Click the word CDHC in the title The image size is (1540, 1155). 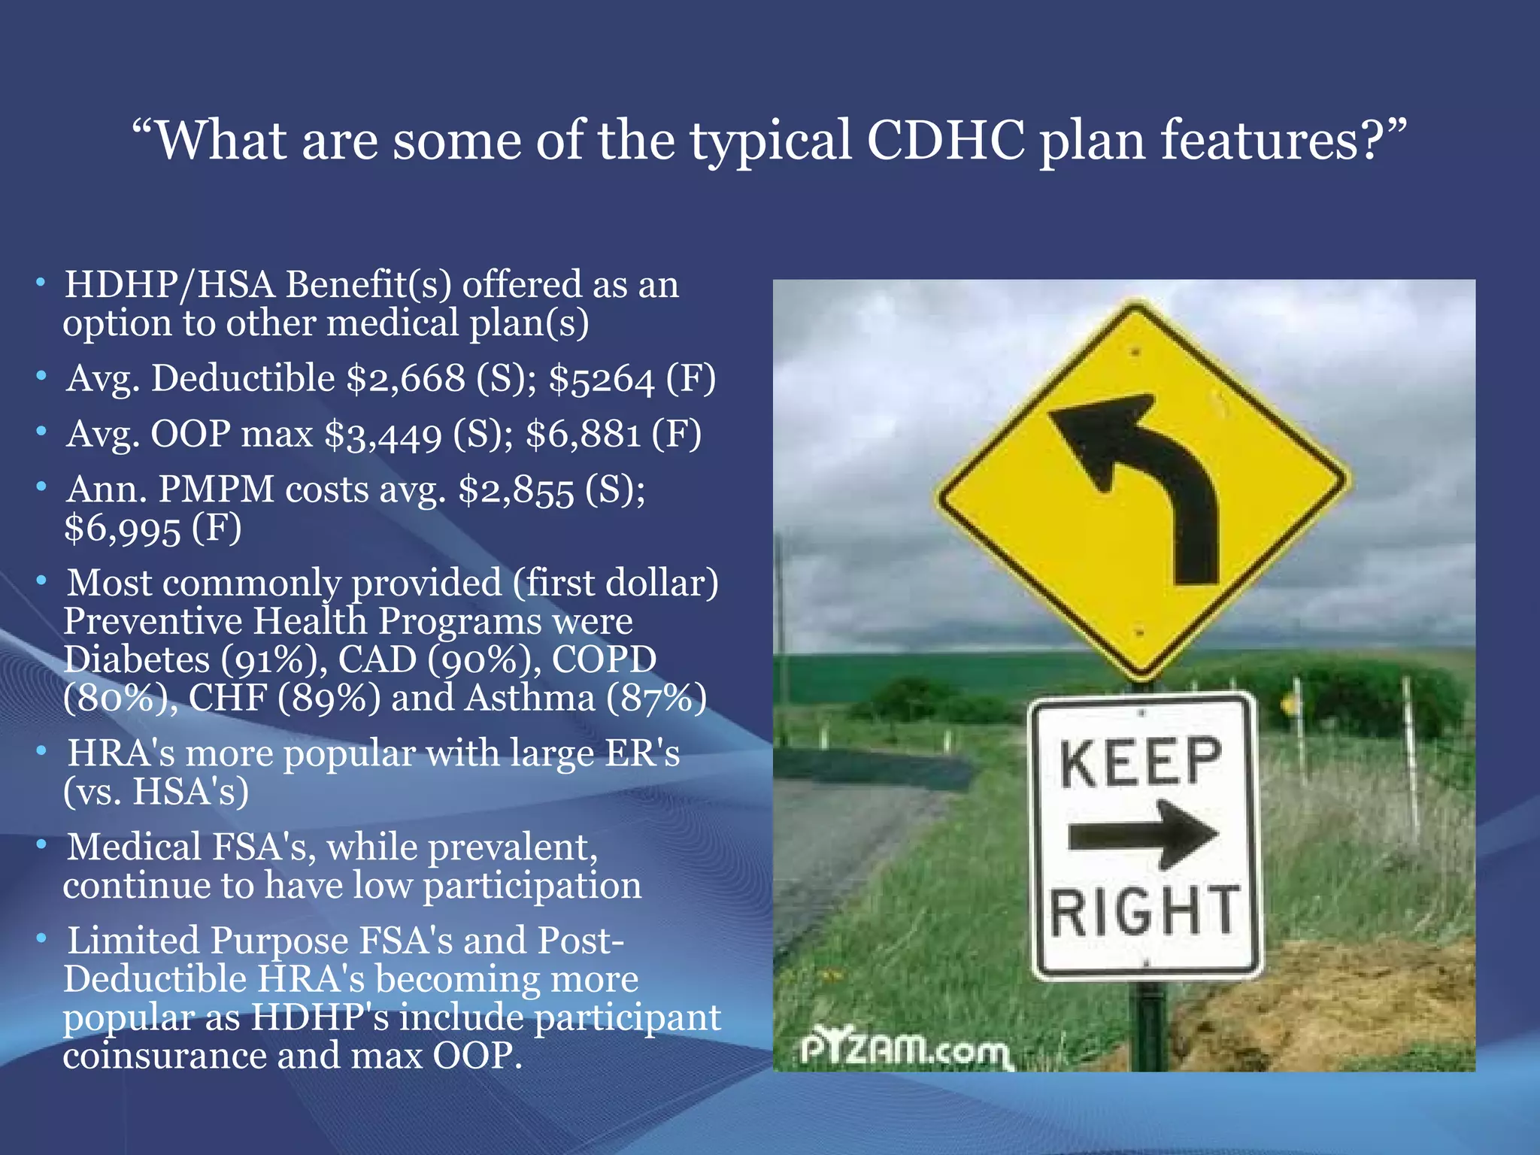coord(946,141)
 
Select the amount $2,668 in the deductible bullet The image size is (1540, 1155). coord(406,378)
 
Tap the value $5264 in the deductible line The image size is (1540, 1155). coord(602,378)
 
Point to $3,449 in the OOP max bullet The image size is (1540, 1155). coord(383,435)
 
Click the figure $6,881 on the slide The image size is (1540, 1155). coord(583,435)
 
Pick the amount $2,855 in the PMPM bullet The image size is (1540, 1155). coord(516,491)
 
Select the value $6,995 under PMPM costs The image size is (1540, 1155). coord(122,529)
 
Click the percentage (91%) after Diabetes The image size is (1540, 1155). coord(274,660)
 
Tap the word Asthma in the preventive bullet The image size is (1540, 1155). coord(529,699)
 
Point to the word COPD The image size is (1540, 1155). coord(604,660)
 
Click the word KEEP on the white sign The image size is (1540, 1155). coord(1141,762)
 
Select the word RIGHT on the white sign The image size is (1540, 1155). coord(1143,911)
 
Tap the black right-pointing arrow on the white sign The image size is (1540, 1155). coord(1143,835)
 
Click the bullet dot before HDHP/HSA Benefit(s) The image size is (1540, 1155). coord(41,283)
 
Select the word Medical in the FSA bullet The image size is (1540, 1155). coord(134,847)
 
